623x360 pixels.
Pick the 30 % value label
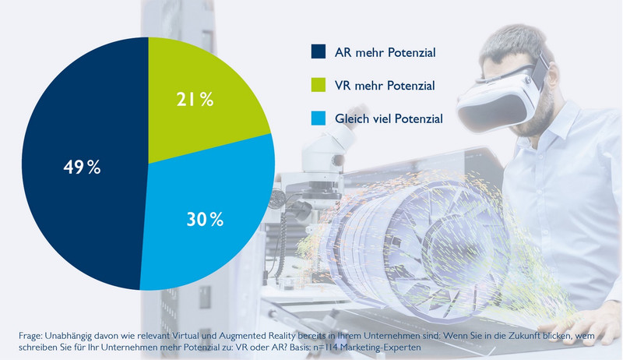click(x=205, y=220)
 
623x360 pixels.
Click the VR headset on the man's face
click(x=499, y=90)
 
